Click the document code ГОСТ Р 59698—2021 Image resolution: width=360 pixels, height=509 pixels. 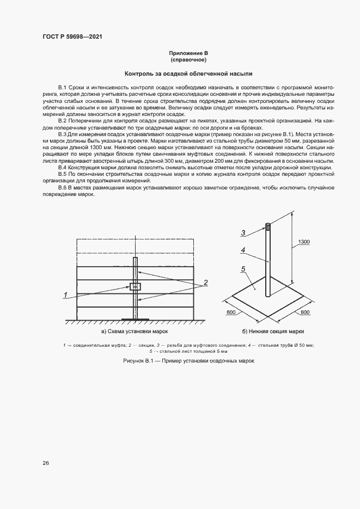click(x=72, y=38)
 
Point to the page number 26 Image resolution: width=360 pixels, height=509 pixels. click(x=46, y=463)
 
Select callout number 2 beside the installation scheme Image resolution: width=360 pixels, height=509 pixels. click(x=206, y=283)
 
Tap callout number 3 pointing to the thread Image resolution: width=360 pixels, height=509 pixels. click(x=243, y=232)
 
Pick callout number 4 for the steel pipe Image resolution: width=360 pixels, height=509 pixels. click(x=243, y=250)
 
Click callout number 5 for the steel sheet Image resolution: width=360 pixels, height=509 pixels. click(x=243, y=268)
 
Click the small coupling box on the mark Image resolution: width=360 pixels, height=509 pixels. click(x=135, y=286)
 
